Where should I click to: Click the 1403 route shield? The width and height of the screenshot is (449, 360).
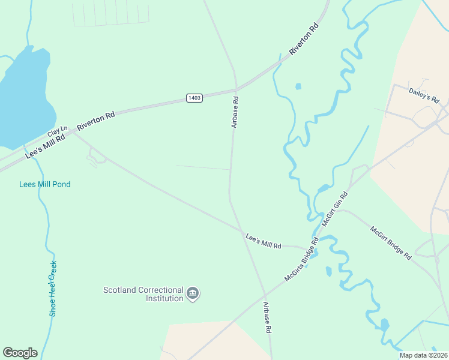(194, 98)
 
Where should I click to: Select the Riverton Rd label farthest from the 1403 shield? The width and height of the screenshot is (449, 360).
(304, 40)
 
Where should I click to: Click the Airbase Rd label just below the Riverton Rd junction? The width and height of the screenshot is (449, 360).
(235, 113)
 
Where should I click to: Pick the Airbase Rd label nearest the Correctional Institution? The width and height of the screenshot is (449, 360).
(267, 317)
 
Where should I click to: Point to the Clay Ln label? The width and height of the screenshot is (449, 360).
(58, 132)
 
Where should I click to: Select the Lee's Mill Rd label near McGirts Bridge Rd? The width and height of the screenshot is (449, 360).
(264, 241)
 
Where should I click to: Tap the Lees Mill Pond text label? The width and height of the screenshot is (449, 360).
(45, 184)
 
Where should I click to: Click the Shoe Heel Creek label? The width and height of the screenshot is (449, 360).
(53, 289)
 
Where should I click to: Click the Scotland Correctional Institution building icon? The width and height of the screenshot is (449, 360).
(193, 293)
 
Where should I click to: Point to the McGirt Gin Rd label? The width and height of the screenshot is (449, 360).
(335, 209)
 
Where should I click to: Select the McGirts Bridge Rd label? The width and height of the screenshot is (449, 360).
(301, 260)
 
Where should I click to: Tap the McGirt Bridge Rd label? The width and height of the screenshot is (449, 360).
(390, 242)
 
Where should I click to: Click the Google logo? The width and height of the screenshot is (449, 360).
(20, 353)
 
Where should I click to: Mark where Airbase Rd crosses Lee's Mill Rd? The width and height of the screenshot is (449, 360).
(243, 229)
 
